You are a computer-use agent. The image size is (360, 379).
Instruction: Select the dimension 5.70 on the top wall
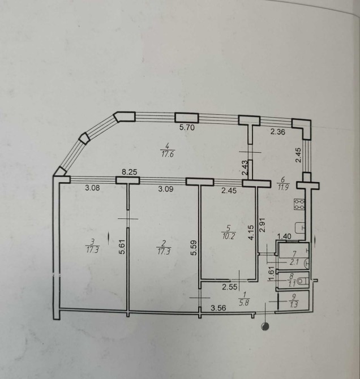(188, 128)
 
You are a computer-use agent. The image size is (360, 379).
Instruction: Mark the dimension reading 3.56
(218, 308)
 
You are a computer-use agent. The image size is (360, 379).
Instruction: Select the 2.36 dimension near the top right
(277, 132)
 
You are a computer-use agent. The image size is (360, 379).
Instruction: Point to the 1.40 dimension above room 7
(284, 235)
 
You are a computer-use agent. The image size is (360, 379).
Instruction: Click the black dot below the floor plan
(264, 326)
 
